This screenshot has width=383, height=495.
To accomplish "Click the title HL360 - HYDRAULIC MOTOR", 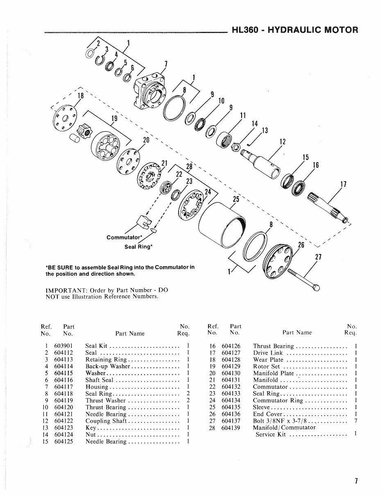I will pos(295,30).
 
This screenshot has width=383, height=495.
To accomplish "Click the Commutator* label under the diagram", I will pos(124,237).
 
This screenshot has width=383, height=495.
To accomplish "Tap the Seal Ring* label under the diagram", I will pos(138,247).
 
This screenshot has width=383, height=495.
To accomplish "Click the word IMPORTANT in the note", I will pos(63,290).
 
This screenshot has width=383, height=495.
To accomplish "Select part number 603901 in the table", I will pos(63,346).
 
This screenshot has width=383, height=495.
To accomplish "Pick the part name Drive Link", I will pos(268,353).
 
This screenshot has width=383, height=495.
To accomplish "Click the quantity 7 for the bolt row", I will pos(356,421).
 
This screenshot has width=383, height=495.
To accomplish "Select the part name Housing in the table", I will pos(97,387).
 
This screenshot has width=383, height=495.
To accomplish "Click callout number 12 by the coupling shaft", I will pos(282,142).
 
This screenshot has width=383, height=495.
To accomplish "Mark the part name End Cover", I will pos(268,414).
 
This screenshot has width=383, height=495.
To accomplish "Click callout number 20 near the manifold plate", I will pos(145,140).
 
